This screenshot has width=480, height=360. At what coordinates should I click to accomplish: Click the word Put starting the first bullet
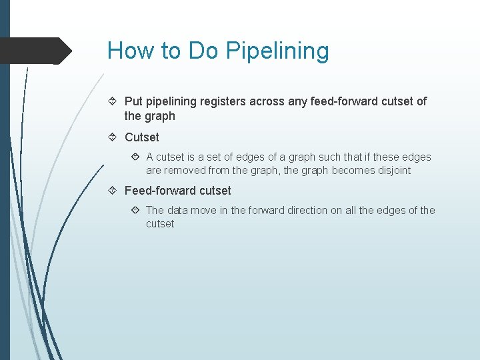(133, 101)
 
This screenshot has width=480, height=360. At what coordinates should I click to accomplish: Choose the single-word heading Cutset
(142, 137)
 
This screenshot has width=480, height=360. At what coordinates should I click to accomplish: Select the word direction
(306, 210)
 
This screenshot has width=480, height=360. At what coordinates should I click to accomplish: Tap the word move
(203, 210)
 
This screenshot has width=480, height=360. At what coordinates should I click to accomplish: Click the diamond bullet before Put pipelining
(113, 101)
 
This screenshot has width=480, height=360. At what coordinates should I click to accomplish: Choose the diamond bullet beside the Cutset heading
(113, 137)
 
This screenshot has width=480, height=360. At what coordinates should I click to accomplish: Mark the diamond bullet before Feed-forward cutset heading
(113, 191)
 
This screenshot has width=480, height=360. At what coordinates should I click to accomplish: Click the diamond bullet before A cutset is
(135, 157)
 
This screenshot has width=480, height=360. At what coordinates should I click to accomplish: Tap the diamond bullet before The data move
(135, 210)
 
